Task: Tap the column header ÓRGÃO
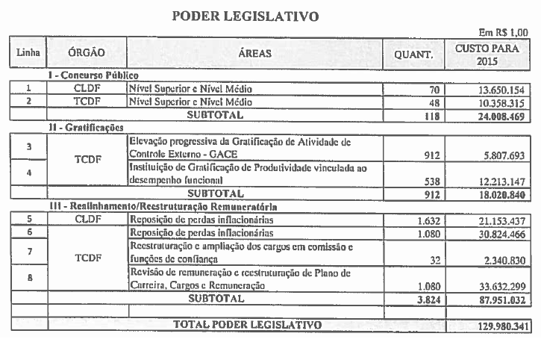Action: (x=86, y=53)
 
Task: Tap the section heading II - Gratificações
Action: (x=85, y=128)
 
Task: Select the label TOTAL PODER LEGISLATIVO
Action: (x=247, y=325)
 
